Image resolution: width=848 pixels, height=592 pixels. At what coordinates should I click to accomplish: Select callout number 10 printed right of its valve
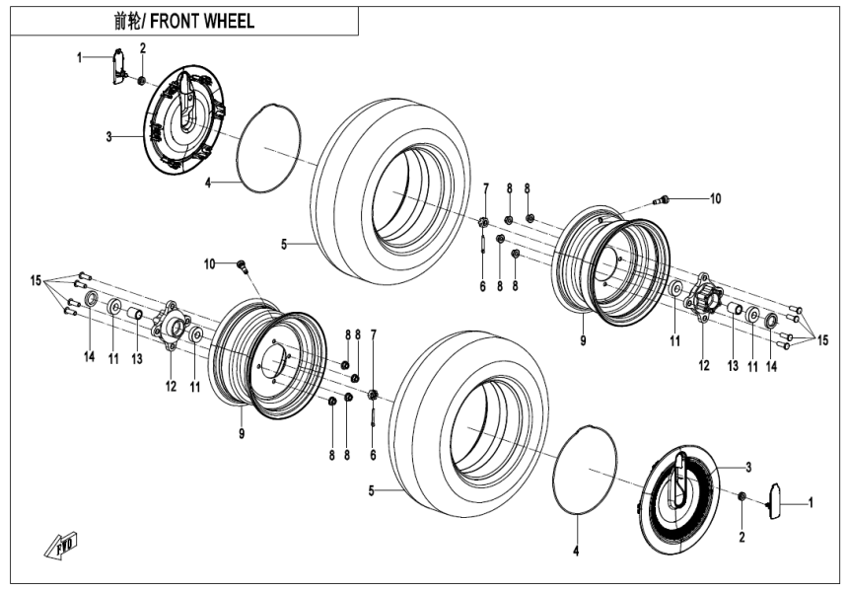(x=715, y=198)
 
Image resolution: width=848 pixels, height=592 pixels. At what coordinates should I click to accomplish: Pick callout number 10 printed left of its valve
(x=209, y=263)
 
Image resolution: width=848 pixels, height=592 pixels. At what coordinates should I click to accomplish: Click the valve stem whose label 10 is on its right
(x=664, y=200)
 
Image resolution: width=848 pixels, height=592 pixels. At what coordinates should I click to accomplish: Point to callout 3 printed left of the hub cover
(x=109, y=135)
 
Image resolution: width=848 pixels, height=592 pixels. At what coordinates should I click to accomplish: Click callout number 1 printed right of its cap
(x=811, y=502)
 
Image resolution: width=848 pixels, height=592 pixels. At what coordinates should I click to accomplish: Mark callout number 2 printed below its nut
(x=742, y=537)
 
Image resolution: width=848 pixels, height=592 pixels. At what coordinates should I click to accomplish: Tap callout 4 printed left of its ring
(x=208, y=182)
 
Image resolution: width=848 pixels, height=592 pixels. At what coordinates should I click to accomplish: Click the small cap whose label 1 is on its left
(x=116, y=65)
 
